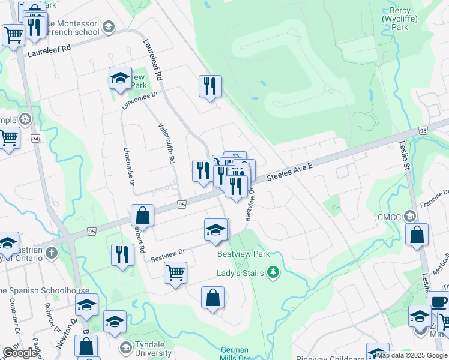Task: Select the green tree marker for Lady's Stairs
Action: pyautogui.click(x=274, y=273)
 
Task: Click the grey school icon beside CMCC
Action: pyautogui.click(x=409, y=215)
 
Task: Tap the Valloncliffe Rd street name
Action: pyautogui.click(x=166, y=143)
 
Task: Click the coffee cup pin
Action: pyautogui.click(x=438, y=302)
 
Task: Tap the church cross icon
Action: pyautogui.click(x=52, y=253)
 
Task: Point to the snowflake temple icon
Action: pyautogui.click(x=25, y=119)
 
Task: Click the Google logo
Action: pyautogui.click(x=19, y=353)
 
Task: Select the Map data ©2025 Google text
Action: pyautogui.click(x=411, y=355)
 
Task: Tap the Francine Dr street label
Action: pyautogui.click(x=438, y=196)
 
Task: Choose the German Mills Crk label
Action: pyautogui.click(x=235, y=354)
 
